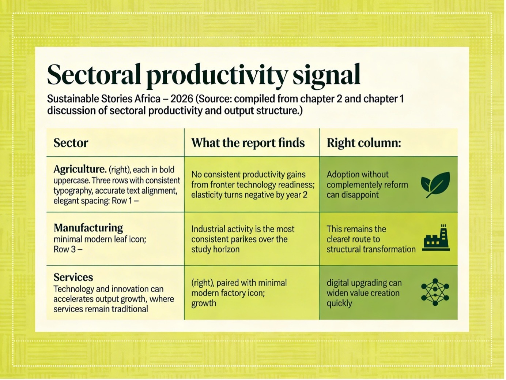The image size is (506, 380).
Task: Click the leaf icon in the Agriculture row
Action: [435, 185]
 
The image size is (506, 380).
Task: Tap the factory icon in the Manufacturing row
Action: [436, 238]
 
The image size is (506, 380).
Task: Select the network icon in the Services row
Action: [435, 292]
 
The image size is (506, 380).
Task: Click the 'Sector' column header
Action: [71, 143]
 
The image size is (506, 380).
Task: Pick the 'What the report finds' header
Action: [248, 143]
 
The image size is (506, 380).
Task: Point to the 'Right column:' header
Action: [364, 143]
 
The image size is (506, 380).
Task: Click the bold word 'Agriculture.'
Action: [80, 169]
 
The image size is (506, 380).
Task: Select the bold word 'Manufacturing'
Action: [88, 228]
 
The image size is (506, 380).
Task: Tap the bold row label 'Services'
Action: [73, 277]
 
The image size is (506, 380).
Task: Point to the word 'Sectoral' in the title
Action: [94, 74]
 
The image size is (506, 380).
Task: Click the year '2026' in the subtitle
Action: [181, 99]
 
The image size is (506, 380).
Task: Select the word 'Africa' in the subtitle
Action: [148, 99]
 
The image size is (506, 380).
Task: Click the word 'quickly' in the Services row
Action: [339, 303]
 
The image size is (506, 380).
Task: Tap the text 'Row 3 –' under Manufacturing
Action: [68, 249]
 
